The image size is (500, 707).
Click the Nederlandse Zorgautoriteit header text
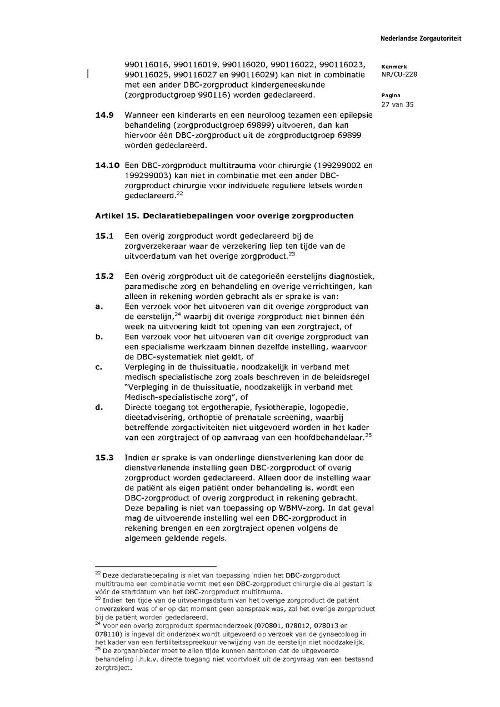421,39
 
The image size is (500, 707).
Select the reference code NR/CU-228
399,74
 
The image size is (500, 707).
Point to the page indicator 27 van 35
397,104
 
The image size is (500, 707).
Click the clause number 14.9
104,115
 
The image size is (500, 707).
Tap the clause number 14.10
107,165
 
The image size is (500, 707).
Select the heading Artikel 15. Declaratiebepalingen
224,215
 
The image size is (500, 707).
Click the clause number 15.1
104,235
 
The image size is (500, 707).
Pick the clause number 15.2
104,276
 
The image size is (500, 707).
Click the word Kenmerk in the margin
394,67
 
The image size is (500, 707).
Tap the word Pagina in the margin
391,96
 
